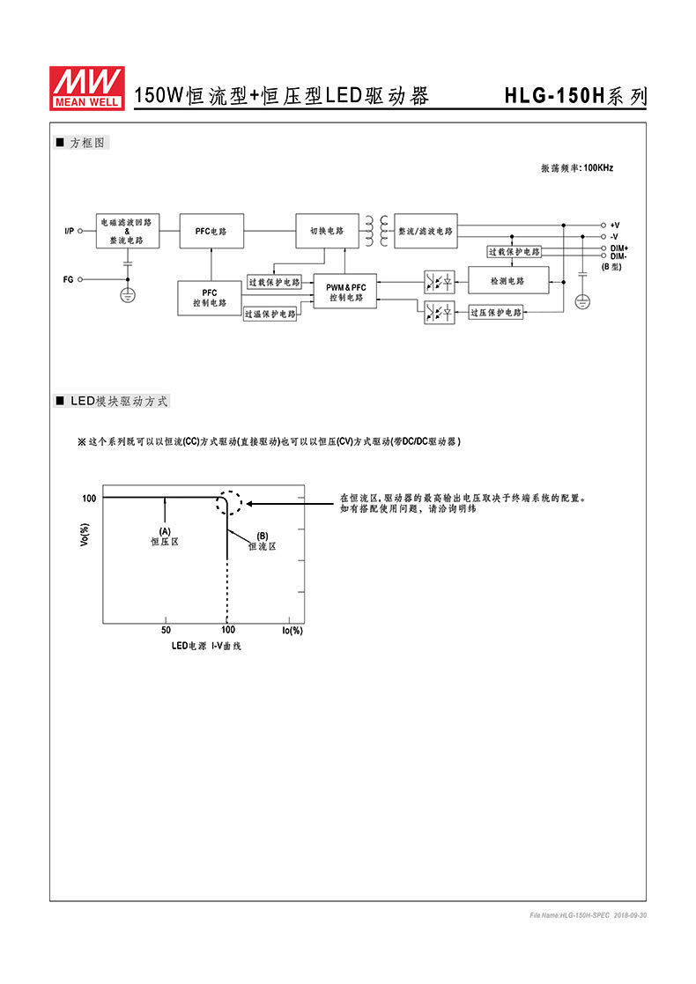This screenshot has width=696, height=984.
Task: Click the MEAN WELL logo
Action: tap(87, 88)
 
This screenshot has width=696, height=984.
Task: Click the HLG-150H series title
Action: tap(575, 97)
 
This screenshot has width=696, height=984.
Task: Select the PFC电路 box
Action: tap(211, 231)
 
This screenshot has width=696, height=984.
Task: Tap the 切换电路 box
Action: tap(327, 231)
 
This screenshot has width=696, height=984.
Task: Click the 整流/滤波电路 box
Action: tap(426, 231)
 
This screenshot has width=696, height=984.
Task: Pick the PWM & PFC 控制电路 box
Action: tap(345, 292)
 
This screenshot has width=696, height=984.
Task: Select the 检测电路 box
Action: tap(507, 281)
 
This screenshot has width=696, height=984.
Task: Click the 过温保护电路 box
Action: tap(270, 314)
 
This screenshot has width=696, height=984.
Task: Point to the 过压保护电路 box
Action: tap(495, 312)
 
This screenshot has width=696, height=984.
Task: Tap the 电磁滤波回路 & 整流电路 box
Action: tap(128, 231)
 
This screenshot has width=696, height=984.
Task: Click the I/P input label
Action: tap(69, 231)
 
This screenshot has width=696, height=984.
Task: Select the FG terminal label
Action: tap(68, 279)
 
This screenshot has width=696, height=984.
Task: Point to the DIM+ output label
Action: tap(618, 248)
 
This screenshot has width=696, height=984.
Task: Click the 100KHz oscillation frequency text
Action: tap(577, 167)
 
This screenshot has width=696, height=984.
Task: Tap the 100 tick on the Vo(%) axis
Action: tap(89, 499)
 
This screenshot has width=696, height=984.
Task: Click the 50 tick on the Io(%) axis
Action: tap(166, 630)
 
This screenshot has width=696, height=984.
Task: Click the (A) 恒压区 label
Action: tap(165, 536)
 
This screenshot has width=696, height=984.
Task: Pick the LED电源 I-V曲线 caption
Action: tap(206, 646)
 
